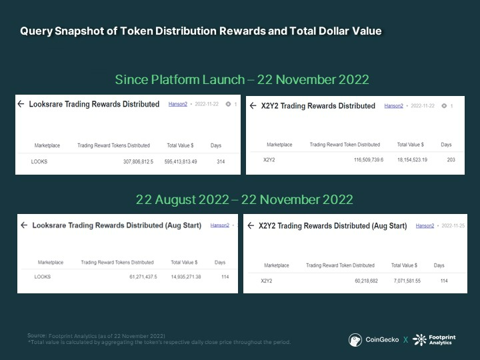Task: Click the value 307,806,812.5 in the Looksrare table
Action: (138, 161)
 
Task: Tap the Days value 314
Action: (221, 161)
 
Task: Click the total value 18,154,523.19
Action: (412, 160)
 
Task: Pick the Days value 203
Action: (451, 160)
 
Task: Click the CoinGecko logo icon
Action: (355, 340)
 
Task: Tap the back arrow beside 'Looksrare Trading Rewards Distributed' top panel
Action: (21, 104)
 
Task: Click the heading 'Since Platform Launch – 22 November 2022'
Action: (242, 79)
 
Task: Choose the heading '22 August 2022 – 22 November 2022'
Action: (244, 199)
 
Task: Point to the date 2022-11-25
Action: (453, 226)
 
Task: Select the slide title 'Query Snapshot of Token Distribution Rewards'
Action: (200, 31)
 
